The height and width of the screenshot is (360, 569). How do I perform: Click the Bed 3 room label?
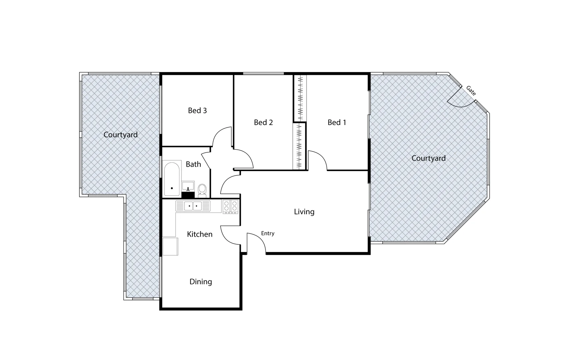tap(197, 110)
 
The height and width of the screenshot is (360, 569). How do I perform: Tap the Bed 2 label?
tap(263, 122)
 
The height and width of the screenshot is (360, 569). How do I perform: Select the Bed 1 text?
tap(337, 122)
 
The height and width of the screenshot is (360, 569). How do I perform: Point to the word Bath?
tap(193, 164)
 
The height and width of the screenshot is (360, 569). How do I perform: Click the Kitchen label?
tap(199, 234)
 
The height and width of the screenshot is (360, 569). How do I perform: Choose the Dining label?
tap(200, 282)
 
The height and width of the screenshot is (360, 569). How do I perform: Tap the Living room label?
tap(304, 212)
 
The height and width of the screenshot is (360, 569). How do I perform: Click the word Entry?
tap(267, 233)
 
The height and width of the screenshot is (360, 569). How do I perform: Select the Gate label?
tap(471, 90)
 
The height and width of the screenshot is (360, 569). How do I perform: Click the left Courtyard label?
tap(120, 135)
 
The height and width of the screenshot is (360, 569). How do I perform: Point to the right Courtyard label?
tap(428, 158)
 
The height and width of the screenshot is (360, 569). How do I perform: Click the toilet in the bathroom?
tap(202, 190)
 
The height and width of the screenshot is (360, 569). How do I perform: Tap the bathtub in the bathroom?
tap(172, 179)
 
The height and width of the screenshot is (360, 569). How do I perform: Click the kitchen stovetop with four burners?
tap(230, 206)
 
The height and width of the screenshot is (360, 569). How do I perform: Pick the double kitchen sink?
tap(193, 206)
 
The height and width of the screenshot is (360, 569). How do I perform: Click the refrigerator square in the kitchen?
tap(170, 246)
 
